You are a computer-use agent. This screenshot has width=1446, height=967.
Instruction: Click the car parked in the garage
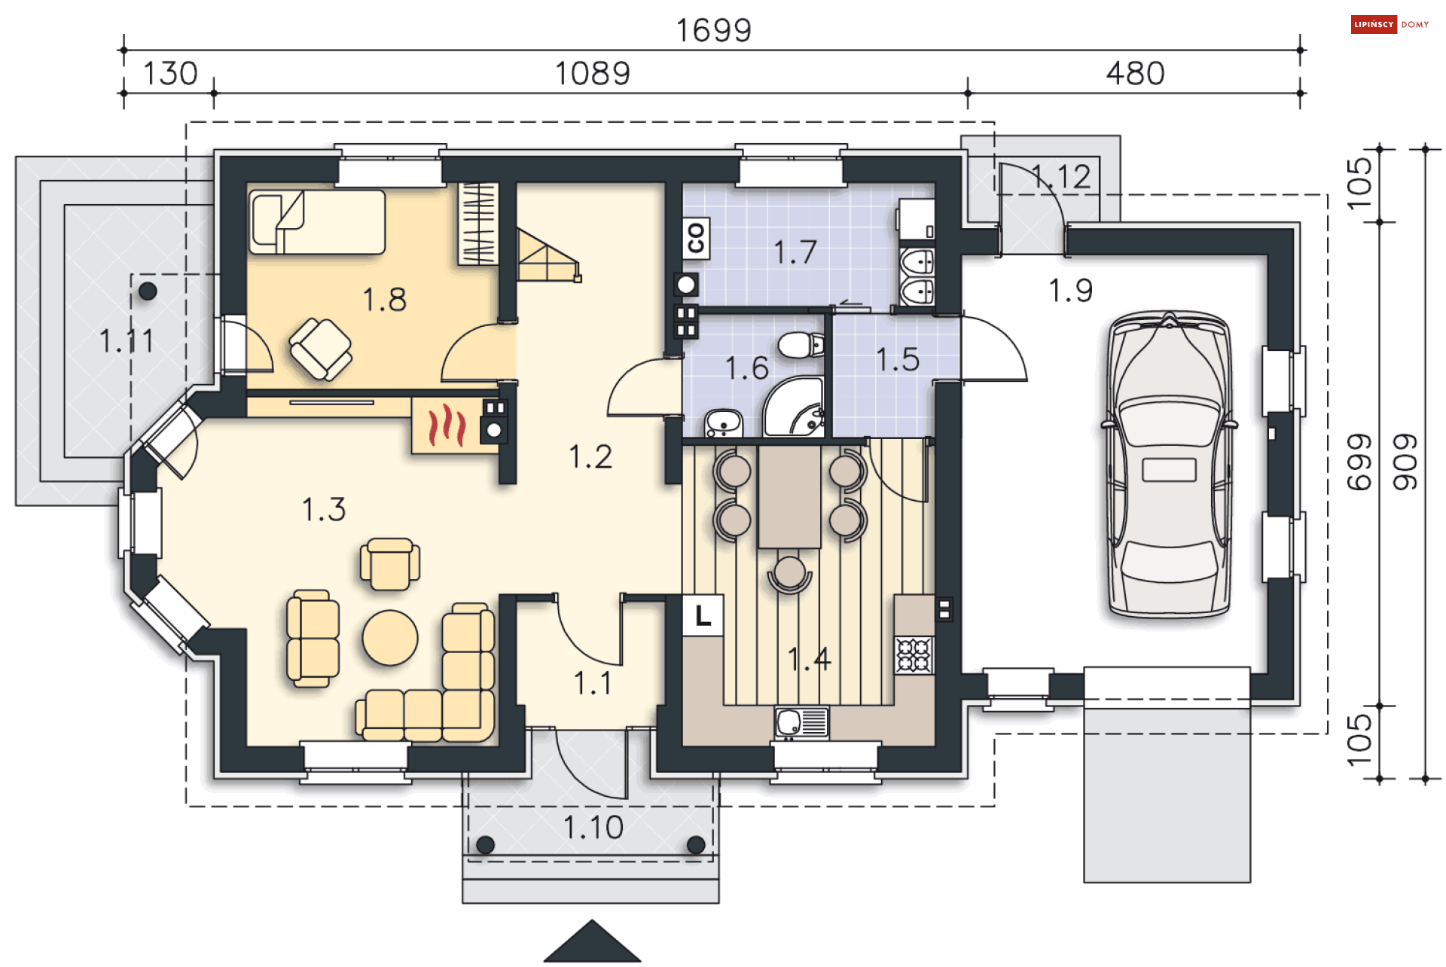[x=1169, y=465]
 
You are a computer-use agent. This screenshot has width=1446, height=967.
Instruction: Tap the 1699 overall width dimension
[x=713, y=31]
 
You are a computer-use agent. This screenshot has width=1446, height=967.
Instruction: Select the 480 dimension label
[x=1135, y=74]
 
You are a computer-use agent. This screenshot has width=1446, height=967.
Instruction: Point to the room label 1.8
[x=384, y=300]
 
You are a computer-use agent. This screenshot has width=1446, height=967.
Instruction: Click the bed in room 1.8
[x=317, y=222]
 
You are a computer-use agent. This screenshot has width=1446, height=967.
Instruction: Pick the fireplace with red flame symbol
[x=447, y=426]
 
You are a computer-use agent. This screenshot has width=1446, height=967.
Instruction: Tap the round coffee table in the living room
[x=390, y=638]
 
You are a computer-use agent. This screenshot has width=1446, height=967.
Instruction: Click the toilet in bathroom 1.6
[x=801, y=346]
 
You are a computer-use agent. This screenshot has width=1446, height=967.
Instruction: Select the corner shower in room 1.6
[x=794, y=409]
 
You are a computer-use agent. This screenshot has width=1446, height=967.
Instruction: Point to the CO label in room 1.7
[x=696, y=238]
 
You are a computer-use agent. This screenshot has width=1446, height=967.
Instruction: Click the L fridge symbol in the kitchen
[x=703, y=615]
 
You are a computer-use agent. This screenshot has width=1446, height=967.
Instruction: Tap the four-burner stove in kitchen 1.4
[x=914, y=654]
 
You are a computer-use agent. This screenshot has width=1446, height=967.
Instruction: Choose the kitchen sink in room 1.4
[x=802, y=723]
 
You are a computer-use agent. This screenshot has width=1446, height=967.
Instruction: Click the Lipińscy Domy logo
[x=1390, y=25]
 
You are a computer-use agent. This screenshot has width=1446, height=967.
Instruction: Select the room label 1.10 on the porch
[x=593, y=828]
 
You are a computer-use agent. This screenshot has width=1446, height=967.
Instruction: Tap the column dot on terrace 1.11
[x=148, y=291]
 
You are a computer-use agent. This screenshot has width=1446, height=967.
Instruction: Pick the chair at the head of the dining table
[x=789, y=575]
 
